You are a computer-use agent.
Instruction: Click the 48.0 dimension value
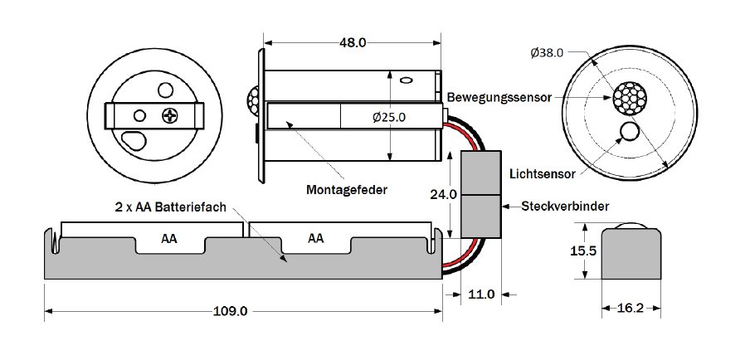click(x=353, y=42)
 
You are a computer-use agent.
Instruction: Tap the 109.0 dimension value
click(x=230, y=311)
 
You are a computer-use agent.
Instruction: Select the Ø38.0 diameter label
click(x=547, y=52)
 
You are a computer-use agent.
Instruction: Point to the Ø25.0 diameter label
click(x=389, y=117)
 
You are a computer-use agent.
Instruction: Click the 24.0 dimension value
click(x=443, y=195)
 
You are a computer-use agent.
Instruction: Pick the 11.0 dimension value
click(x=481, y=294)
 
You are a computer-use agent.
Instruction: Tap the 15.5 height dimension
click(x=582, y=251)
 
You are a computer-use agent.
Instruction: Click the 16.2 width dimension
click(x=631, y=309)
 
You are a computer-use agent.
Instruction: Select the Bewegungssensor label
click(x=499, y=98)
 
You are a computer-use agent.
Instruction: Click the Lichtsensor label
click(x=543, y=173)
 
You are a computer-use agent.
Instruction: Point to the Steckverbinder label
click(x=565, y=207)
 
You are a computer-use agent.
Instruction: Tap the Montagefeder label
click(x=346, y=190)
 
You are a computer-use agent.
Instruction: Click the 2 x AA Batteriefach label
click(x=170, y=207)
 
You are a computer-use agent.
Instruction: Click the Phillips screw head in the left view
click(x=170, y=115)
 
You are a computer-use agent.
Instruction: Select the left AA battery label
click(x=169, y=239)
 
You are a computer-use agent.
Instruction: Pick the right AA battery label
click(x=316, y=238)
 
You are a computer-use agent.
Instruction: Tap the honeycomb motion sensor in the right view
click(x=630, y=98)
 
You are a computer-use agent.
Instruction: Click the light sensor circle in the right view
click(x=630, y=131)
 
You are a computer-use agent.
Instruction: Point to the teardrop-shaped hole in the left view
click(x=135, y=139)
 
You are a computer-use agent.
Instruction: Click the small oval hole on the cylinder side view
click(x=407, y=80)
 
